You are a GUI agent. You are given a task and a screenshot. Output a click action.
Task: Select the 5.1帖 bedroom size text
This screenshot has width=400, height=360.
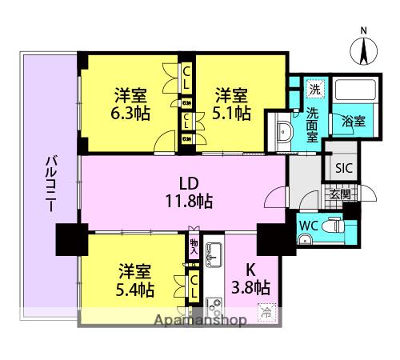[232, 112]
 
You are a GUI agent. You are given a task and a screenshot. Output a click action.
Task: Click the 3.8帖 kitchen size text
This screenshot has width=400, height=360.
[250, 287]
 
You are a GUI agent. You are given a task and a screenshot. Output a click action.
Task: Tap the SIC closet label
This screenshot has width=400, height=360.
[343, 168]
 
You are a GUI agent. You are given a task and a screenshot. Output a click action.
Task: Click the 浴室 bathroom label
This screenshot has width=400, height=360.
[354, 122]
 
